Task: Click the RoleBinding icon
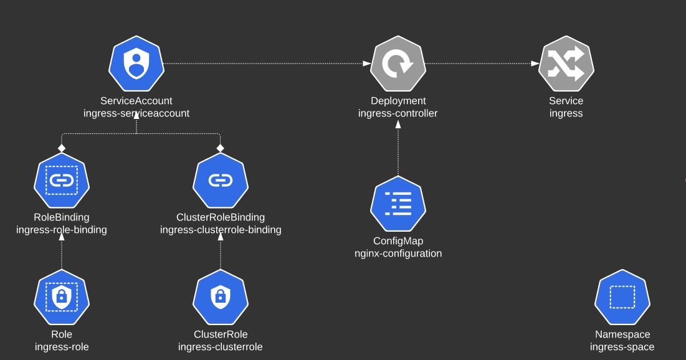[x=61, y=181]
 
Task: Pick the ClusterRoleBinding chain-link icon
[x=221, y=181]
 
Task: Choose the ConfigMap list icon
[x=398, y=204]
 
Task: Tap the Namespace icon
[x=622, y=298]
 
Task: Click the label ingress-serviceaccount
[x=136, y=113]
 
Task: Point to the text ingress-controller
[x=398, y=113]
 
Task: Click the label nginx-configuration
[x=398, y=253]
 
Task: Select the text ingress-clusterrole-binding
[x=221, y=230]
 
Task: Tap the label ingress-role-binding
[x=61, y=230]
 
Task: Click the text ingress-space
[x=622, y=347]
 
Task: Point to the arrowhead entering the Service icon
[x=535, y=64]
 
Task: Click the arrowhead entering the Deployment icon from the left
[x=366, y=64]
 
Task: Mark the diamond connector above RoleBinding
[x=61, y=148]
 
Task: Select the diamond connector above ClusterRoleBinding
[x=220, y=148]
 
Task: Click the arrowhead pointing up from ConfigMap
[x=398, y=124]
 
